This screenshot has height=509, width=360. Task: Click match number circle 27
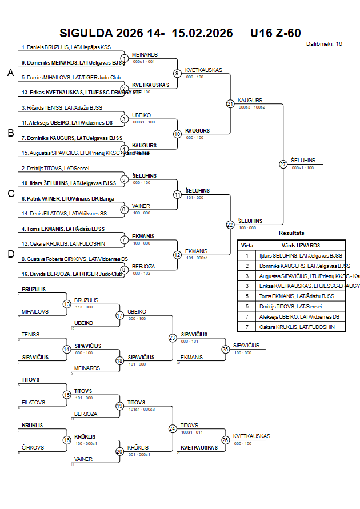tap(283, 164)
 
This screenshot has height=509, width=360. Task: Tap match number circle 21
tap(230, 103)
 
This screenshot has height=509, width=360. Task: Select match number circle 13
tap(67, 304)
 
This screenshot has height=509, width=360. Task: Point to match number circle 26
tap(225, 440)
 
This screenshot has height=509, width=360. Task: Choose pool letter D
tap(10, 254)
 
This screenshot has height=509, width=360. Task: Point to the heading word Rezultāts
tap(291, 233)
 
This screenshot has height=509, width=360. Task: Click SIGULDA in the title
tap(85, 33)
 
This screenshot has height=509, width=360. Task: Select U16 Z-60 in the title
tap(275, 33)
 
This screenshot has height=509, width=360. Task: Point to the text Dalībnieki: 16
tap(324, 43)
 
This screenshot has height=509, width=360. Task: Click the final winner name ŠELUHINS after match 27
tap(303, 161)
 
